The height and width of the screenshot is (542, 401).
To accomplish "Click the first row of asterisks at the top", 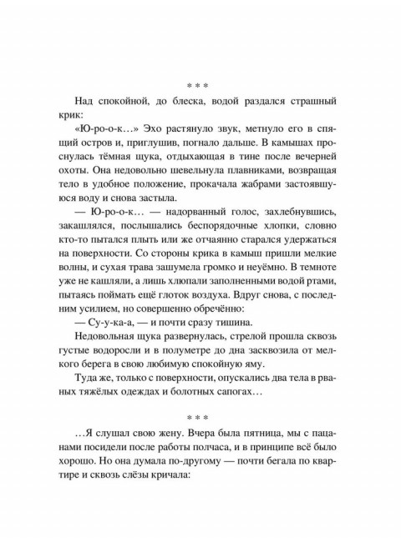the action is tap(200, 84).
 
